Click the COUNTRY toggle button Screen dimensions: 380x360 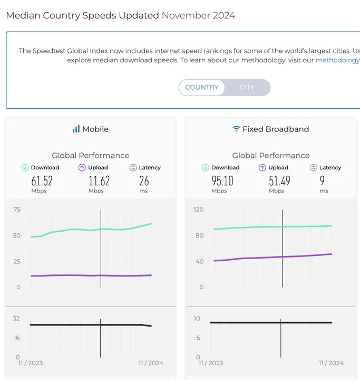(x=201, y=88)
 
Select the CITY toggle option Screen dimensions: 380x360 (x=247, y=88)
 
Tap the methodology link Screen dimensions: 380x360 (x=337, y=60)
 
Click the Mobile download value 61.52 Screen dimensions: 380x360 (x=42, y=181)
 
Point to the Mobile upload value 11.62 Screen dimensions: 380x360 (x=99, y=181)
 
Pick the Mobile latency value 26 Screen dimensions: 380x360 (x=144, y=181)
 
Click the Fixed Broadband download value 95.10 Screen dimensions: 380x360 (x=222, y=181)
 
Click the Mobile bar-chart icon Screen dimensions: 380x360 (x=76, y=129)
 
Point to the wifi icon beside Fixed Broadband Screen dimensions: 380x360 (x=236, y=129)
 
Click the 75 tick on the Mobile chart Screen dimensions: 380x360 (x=17, y=210)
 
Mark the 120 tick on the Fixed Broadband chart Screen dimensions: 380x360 (x=198, y=210)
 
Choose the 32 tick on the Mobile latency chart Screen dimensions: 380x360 (x=16, y=319)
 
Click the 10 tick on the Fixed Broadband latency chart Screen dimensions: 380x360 (x=197, y=319)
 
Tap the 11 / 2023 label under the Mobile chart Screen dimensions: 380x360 (x=30, y=363)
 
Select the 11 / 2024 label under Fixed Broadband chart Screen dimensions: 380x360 (x=331, y=363)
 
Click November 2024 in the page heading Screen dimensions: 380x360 (x=198, y=15)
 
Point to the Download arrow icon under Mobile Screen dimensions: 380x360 (x=25, y=168)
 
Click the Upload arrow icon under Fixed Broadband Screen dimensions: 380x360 (x=262, y=168)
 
